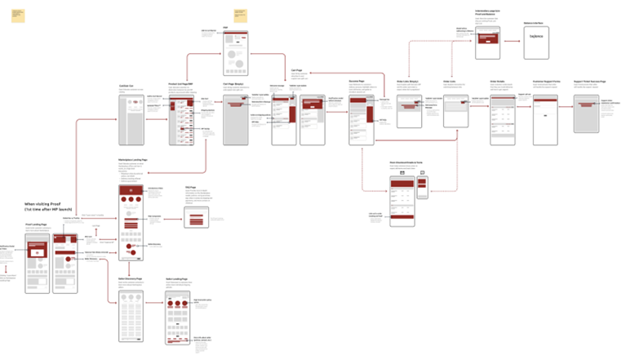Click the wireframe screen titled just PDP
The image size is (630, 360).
click(235, 52)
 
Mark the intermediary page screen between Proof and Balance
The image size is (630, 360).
click(487, 41)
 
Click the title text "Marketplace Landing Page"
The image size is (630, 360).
click(131, 160)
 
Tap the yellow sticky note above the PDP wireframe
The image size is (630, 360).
click(240, 14)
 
